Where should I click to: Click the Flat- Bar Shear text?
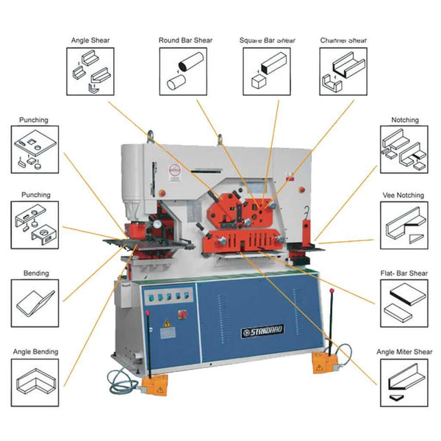(404, 273)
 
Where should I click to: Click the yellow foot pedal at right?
(324, 360)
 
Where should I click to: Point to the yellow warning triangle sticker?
(167, 323)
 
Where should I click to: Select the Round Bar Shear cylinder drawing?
(184, 71)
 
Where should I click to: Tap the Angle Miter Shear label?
(404, 352)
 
